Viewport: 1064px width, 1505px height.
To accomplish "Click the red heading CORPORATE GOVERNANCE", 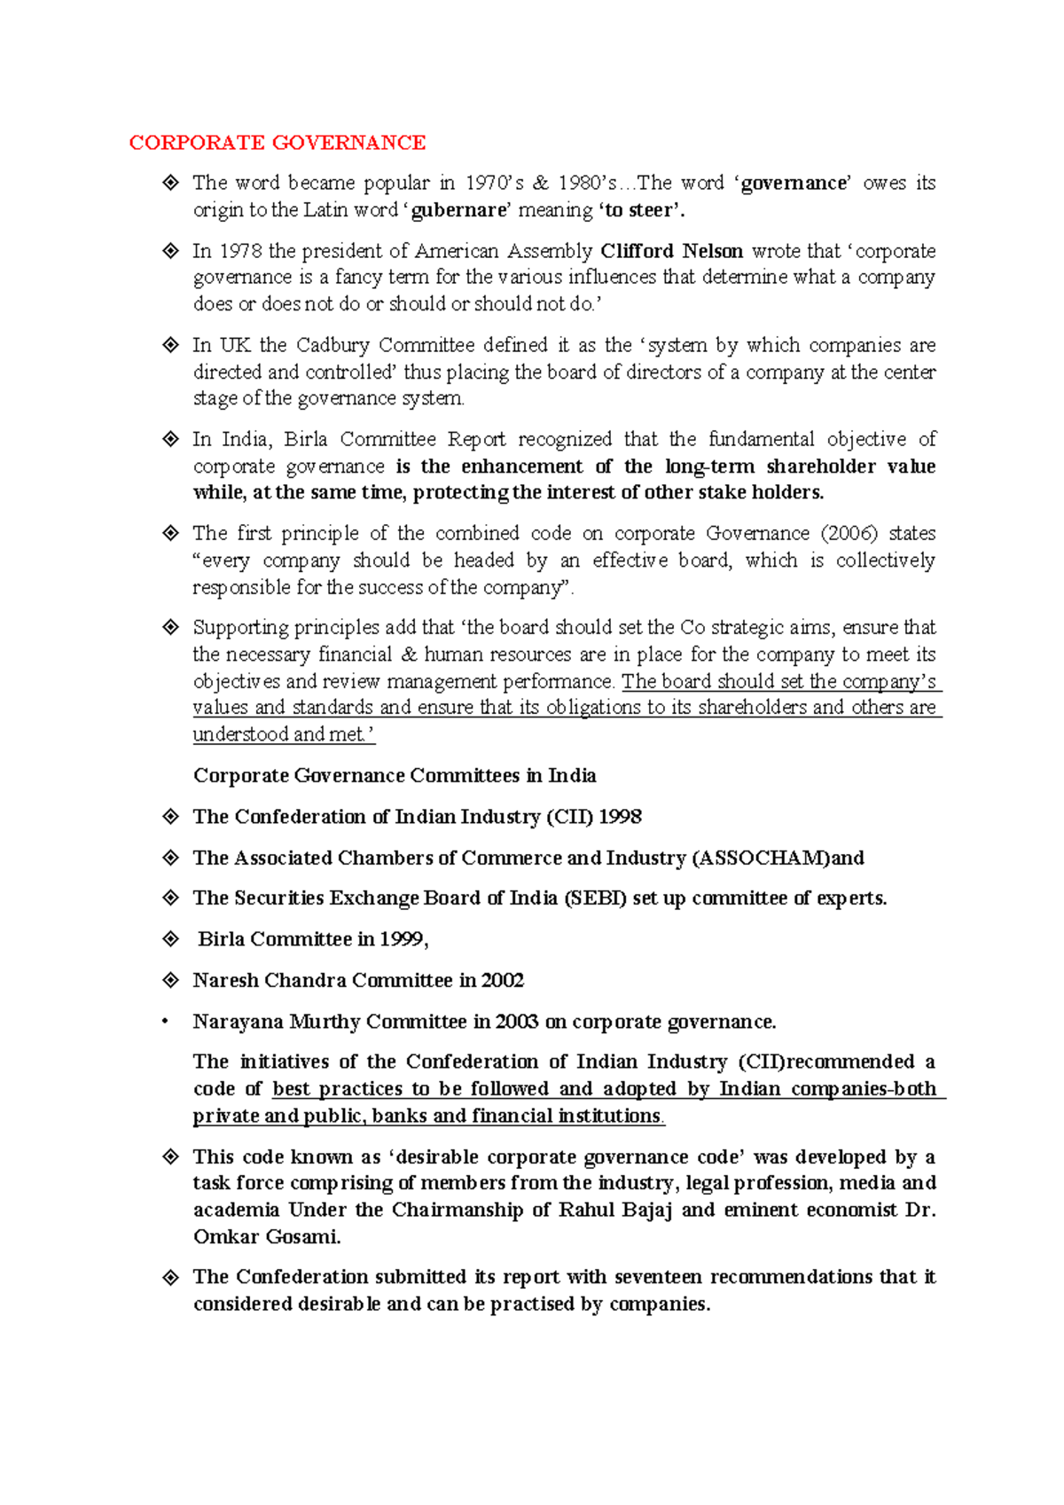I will pos(277,143).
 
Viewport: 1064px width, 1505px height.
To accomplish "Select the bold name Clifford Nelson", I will pos(671,251).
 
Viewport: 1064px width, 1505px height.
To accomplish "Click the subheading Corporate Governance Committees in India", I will pos(395,775).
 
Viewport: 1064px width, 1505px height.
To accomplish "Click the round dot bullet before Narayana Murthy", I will pos(165,1022).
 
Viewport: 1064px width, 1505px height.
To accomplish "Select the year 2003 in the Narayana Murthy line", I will pos(517,1022).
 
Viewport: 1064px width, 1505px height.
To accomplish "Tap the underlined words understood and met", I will pos(284,734).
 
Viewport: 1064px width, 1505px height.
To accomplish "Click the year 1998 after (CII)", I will pos(620,816).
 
